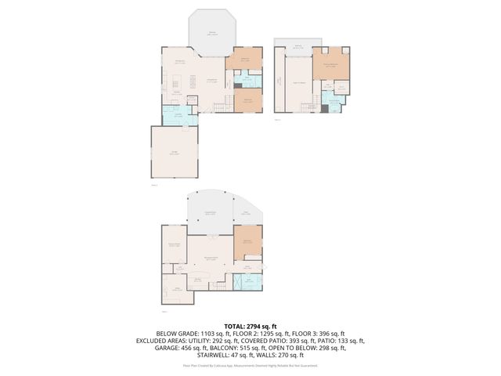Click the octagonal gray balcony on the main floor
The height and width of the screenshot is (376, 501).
pos(212,31)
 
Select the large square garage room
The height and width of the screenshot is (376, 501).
pos(174,154)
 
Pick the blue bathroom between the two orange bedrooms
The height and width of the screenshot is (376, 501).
pos(245,79)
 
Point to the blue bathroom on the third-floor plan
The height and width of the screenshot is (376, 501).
pos(334,103)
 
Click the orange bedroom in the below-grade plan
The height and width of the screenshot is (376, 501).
pos(247,242)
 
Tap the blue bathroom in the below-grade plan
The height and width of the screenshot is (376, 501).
pos(248,278)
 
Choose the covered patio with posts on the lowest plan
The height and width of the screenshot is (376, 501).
pos(209,213)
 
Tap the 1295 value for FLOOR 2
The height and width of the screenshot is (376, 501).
pos(272,334)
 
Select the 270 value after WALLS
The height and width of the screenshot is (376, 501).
pos(298,357)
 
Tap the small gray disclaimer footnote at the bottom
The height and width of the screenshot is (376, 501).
pos(250,366)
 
